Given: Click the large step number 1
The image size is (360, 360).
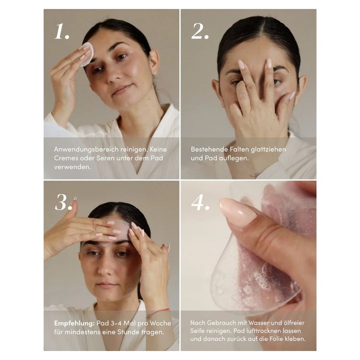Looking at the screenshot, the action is pos(62,31).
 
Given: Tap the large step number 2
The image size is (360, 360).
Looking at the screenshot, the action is pos(200,31).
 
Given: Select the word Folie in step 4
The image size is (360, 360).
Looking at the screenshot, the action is pos(276,339).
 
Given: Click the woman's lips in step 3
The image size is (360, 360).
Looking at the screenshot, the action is pos(106,285).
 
